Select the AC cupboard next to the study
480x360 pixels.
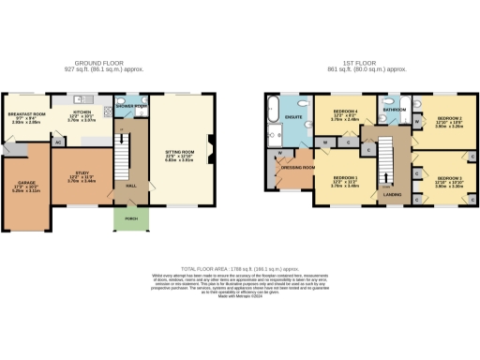(x=58, y=142)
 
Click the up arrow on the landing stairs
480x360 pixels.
(x=385, y=176)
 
